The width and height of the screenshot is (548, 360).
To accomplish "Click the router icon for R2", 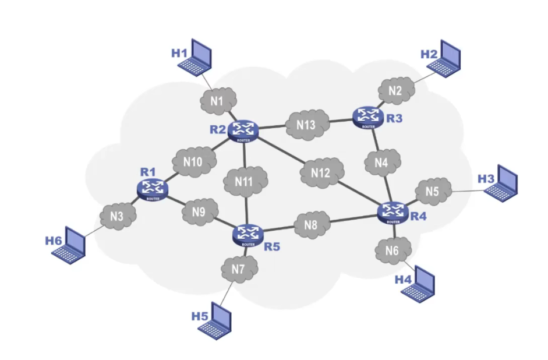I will [243, 131].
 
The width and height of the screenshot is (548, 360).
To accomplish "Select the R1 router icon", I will [153, 188].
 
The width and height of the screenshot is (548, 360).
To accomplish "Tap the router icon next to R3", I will [367, 116].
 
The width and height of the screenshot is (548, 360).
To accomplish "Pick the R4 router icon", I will [393, 212].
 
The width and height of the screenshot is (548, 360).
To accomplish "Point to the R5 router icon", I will [248, 235].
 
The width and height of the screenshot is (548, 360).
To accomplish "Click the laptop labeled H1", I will [196, 57].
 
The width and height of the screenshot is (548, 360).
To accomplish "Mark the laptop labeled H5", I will [216, 320].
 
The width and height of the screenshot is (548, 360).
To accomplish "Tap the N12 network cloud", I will [320, 173].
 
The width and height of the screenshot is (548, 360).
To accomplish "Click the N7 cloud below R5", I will [237, 270].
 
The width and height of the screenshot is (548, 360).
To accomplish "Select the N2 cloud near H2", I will [395, 90].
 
